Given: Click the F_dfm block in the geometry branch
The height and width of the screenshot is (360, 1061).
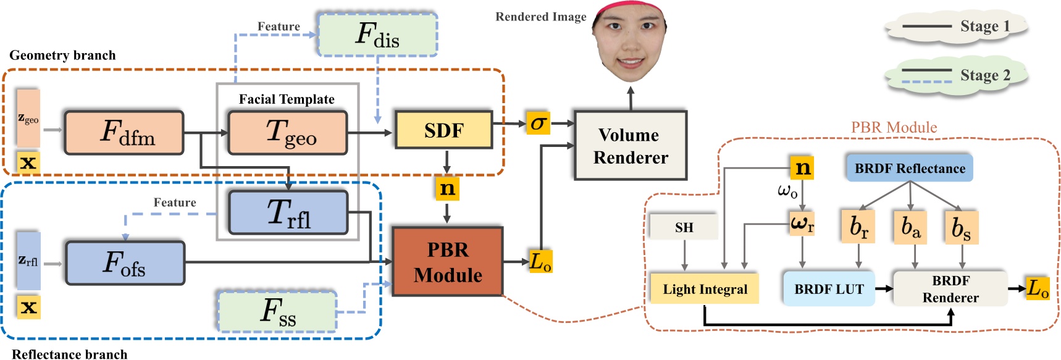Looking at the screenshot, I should click(124, 133).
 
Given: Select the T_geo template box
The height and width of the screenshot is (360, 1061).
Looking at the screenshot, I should click(287, 132).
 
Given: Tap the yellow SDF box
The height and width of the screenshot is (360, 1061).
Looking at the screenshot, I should click(443, 130).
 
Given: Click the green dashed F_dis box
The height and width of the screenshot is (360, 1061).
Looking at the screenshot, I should click(377, 35).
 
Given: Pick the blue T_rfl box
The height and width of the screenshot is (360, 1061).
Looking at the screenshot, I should click(288, 212).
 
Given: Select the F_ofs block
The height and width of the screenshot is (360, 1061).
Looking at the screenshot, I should click(125, 263).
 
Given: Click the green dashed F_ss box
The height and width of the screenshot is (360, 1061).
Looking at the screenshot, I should click(277, 311).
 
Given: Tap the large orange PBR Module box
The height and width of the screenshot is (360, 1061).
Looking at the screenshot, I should click(448, 262).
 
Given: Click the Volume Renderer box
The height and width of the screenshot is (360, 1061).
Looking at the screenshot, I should click(630, 146).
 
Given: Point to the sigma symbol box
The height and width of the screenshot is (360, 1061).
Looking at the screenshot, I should click(538, 123).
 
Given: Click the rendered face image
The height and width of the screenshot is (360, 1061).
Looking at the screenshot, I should click(630, 42).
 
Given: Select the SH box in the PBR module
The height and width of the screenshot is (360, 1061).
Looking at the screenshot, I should click(684, 227).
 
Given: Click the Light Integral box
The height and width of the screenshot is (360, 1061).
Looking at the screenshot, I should click(705, 289).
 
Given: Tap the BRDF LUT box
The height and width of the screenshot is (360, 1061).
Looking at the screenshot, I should click(829, 289).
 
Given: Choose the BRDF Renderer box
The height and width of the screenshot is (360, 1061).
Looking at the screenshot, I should click(950, 289).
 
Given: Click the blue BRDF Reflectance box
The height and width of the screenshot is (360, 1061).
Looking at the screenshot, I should click(909, 169).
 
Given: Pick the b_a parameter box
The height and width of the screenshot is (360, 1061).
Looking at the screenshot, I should click(910, 227).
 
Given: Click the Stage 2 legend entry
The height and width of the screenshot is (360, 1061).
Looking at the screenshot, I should click(956, 76).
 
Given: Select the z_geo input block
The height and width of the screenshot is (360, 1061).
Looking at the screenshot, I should click(28, 119).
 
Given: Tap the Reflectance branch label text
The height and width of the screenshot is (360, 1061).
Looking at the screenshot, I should click(70, 354).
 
